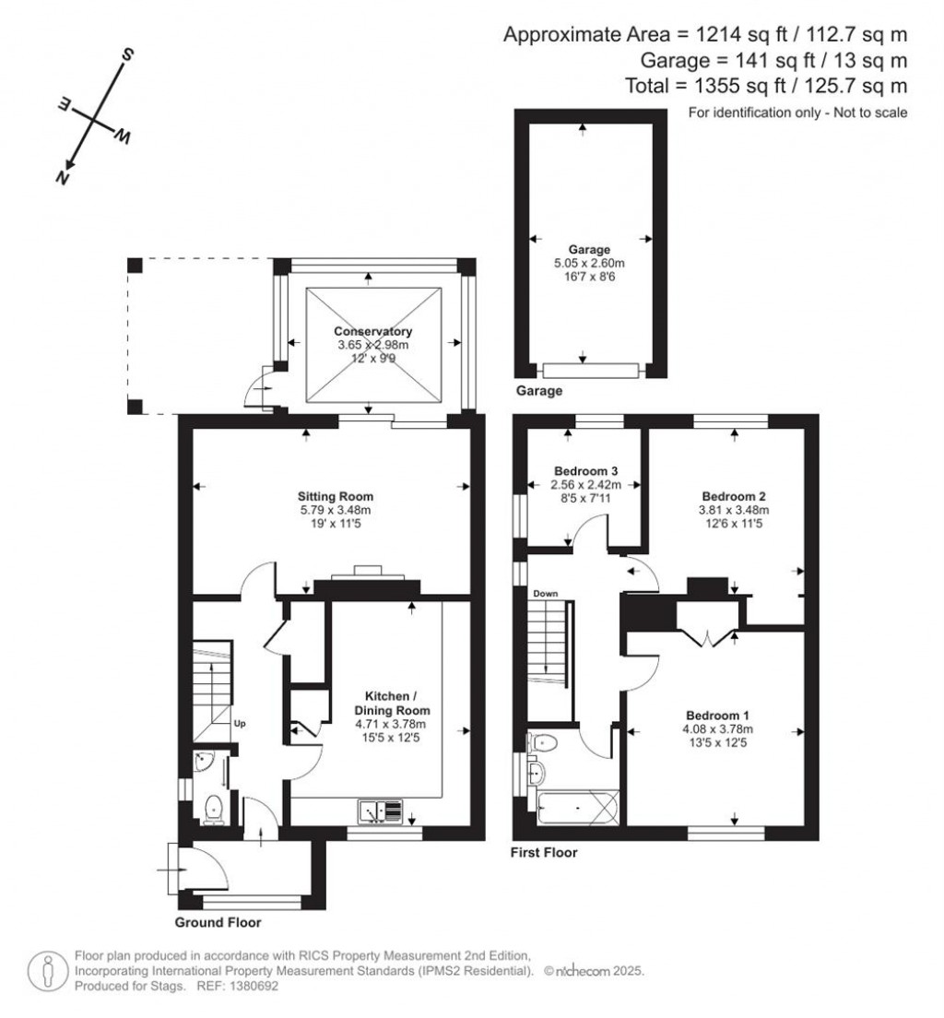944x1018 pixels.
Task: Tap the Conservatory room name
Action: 372,331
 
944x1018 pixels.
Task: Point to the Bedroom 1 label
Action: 716,716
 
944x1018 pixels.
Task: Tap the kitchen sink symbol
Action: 381,811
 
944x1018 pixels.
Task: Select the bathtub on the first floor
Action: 574,811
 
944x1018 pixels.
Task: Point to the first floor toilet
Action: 545,741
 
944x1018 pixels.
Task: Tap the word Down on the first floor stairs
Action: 543,595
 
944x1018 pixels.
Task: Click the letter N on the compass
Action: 64,179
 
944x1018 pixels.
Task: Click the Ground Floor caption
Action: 218,922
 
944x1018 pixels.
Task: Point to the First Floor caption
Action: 544,853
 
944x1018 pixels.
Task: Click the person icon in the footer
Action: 46,972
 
